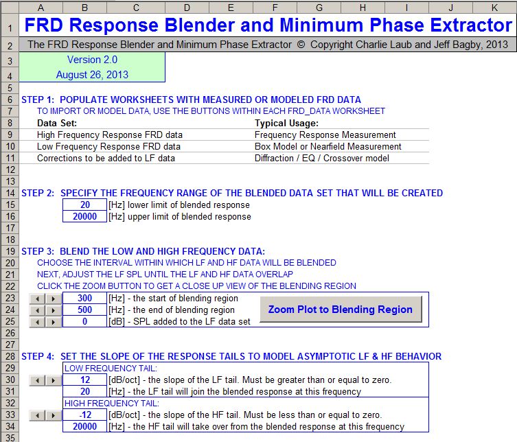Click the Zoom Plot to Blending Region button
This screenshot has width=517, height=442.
click(340, 309)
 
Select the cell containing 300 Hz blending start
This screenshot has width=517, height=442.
click(84, 299)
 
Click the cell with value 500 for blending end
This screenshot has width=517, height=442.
click(84, 310)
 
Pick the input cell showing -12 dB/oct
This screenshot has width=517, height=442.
click(84, 415)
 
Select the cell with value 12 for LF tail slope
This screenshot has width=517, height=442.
click(84, 380)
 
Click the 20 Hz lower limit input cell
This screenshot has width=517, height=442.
click(84, 205)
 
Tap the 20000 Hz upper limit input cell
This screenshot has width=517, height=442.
click(84, 217)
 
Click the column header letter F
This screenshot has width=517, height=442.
click(275, 8)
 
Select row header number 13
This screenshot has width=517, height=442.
click(9, 181)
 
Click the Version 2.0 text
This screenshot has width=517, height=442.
click(92, 60)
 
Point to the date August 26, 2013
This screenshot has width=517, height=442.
click(92, 75)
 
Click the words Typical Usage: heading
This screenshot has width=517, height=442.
click(286, 124)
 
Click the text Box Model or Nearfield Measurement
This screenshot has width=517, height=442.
click(328, 147)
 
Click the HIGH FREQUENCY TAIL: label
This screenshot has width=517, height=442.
click(111, 404)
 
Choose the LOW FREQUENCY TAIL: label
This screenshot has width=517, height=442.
click(110, 369)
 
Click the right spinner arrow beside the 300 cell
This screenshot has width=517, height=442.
click(52, 299)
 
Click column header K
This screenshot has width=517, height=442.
click(494, 8)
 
